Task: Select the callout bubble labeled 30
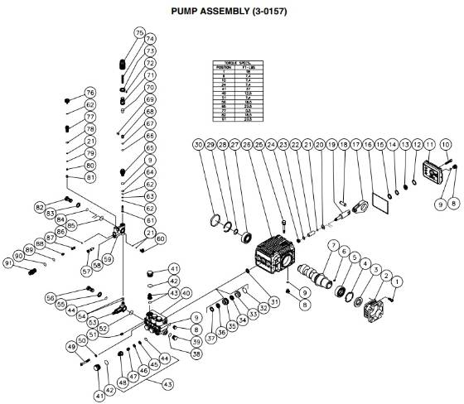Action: [x=198, y=145]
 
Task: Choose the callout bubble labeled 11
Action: [x=430, y=145]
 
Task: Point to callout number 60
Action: [x=161, y=238]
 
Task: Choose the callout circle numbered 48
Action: [x=123, y=382]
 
